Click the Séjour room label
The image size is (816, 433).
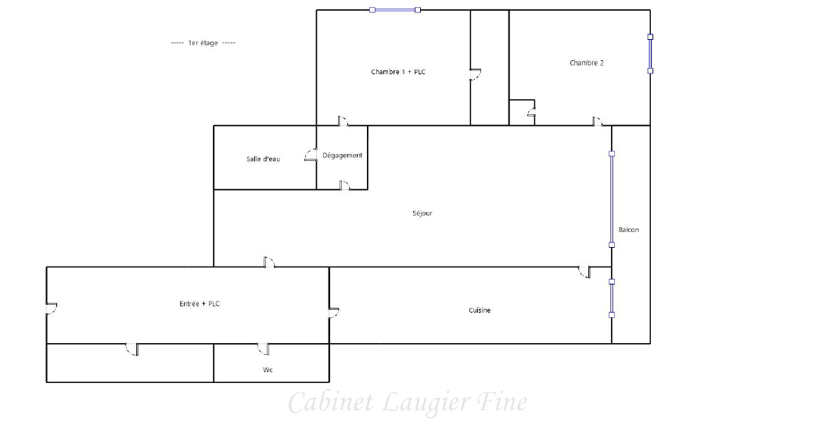[x=422, y=213]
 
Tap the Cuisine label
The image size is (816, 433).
[x=480, y=310]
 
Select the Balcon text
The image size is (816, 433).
[x=629, y=230]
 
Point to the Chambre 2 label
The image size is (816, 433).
[x=587, y=63]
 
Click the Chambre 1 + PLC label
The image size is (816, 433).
[x=398, y=72]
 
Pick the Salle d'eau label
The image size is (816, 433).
[x=263, y=159]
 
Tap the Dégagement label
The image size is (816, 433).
[x=343, y=156]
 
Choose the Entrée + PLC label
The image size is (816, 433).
[x=200, y=303]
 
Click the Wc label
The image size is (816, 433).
[x=268, y=370]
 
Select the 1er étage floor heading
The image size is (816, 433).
[x=203, y=43]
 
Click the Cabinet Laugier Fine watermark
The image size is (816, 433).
[x=408, y=403]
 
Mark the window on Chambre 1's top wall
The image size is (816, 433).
[x=395, y=10]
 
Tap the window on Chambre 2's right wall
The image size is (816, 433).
[x=650, y=54]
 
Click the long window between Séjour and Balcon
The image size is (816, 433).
[x=612, y=199]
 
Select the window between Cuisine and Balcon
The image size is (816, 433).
[x=612, y=299]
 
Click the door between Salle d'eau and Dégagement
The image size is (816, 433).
[x=311, y=155]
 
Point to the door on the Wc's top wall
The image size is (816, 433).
[x=264, y=349]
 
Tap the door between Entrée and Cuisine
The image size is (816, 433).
[x=333, y=313]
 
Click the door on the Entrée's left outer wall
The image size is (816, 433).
[x=51, y=309]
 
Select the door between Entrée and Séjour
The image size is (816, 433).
[x=269, y=263]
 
